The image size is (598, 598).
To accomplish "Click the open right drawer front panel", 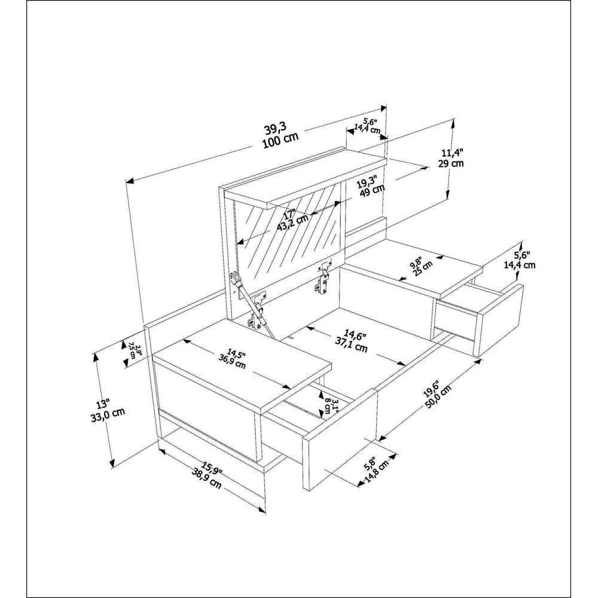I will click(499, 320).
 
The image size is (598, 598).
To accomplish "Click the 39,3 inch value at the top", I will click(275, 128).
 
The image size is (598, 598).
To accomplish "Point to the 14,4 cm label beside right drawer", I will click(519, 264).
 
